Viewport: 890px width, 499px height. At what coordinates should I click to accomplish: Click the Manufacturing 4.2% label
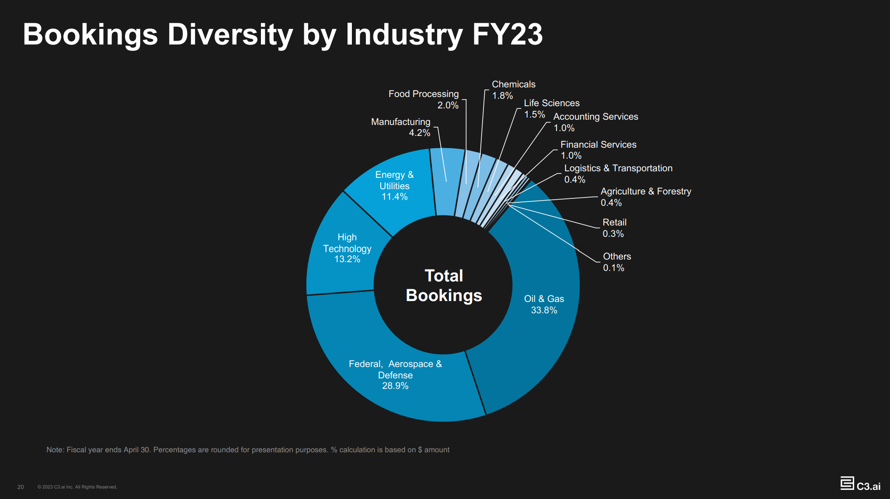(401, 127)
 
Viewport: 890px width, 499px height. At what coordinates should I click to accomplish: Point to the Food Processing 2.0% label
(424, 99)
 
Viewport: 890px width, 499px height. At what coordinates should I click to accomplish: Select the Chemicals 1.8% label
(513, 90)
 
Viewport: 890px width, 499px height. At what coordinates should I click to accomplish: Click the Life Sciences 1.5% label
(551, 108)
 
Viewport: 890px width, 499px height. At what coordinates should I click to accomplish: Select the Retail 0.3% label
(614, 228)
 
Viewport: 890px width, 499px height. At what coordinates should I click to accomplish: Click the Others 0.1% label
(616, 262)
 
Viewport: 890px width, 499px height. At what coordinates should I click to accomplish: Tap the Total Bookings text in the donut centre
(444, 285)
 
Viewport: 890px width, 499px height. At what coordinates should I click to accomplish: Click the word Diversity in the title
(230, 34)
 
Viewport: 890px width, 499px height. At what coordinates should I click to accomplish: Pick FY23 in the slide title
(507, 34)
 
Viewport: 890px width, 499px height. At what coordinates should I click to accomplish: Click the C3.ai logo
(860, 484)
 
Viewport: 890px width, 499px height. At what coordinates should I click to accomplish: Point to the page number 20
(21, 487)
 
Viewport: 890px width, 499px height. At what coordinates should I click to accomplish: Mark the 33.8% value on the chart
(544, 310)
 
